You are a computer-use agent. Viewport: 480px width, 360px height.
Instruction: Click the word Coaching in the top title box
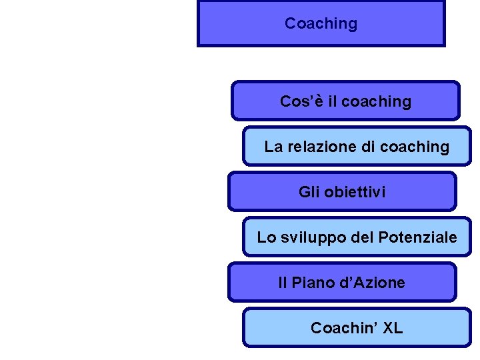pos(321,23)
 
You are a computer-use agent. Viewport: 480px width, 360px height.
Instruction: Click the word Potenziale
pos(417,237)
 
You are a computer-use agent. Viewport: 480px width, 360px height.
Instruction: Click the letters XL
pos(393,328)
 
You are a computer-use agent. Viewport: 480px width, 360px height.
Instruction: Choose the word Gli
pos(309,192)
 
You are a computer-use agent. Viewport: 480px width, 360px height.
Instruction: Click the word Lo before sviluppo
pos(266,237)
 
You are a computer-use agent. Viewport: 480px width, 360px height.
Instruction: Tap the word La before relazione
pos(273,147)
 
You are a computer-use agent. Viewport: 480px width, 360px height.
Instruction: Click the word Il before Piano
pos(282,283)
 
